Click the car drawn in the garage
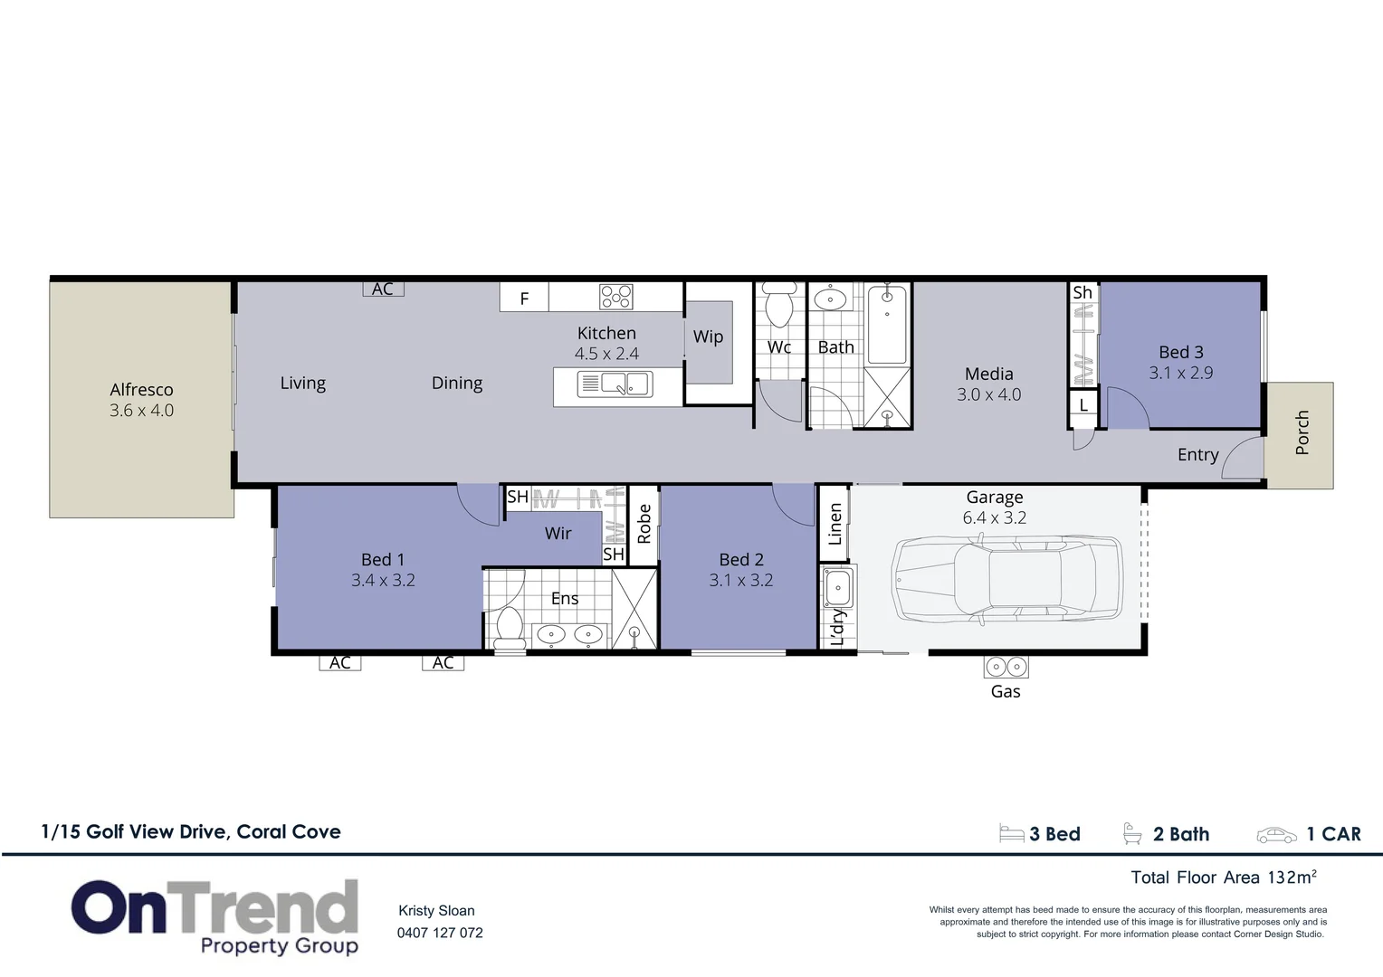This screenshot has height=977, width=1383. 1006,579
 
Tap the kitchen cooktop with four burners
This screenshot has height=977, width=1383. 616,297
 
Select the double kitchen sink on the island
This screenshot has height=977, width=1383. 615,384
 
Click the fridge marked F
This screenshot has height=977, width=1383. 524,299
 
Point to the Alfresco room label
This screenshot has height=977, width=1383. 141,390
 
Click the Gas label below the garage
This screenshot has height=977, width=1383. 1006,692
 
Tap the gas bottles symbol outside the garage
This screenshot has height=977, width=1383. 1006,668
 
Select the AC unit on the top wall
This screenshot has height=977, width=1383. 383,289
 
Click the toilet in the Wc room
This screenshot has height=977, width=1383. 779,304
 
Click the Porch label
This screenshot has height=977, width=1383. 1302,432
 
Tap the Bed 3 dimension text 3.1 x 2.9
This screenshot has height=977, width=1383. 1181,373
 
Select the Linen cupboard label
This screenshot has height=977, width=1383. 835,524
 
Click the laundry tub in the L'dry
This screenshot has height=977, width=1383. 837,588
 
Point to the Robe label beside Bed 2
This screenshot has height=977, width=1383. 644,524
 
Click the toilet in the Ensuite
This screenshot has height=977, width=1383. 510,628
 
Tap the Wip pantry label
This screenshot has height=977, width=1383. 708,337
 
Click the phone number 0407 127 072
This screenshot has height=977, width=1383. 440,933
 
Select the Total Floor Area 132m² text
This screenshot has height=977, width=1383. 1223,877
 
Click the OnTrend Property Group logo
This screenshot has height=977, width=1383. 215,916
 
